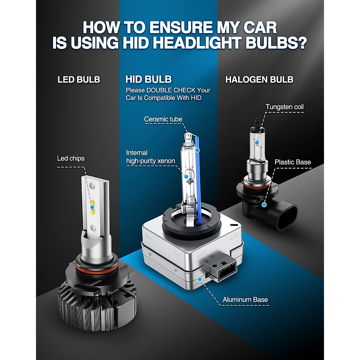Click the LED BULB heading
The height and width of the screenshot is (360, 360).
[79, 79]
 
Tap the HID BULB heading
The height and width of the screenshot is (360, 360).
[148, 79]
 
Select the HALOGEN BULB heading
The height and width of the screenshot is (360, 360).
[259, 79]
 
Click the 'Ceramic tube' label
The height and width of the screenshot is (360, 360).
[163, 119]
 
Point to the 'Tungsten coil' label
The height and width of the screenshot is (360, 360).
[284, 107]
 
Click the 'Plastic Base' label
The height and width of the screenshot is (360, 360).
[292, 162]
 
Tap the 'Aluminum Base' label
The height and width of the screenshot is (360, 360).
[245, 299]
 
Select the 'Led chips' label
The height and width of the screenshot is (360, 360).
[71, 158]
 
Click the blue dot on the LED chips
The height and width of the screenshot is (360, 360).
[92, 207]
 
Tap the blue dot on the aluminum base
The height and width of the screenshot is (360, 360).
[200, 279]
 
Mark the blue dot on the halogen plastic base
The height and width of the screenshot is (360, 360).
[264, 205]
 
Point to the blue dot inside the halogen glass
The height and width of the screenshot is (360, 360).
[257, 143]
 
